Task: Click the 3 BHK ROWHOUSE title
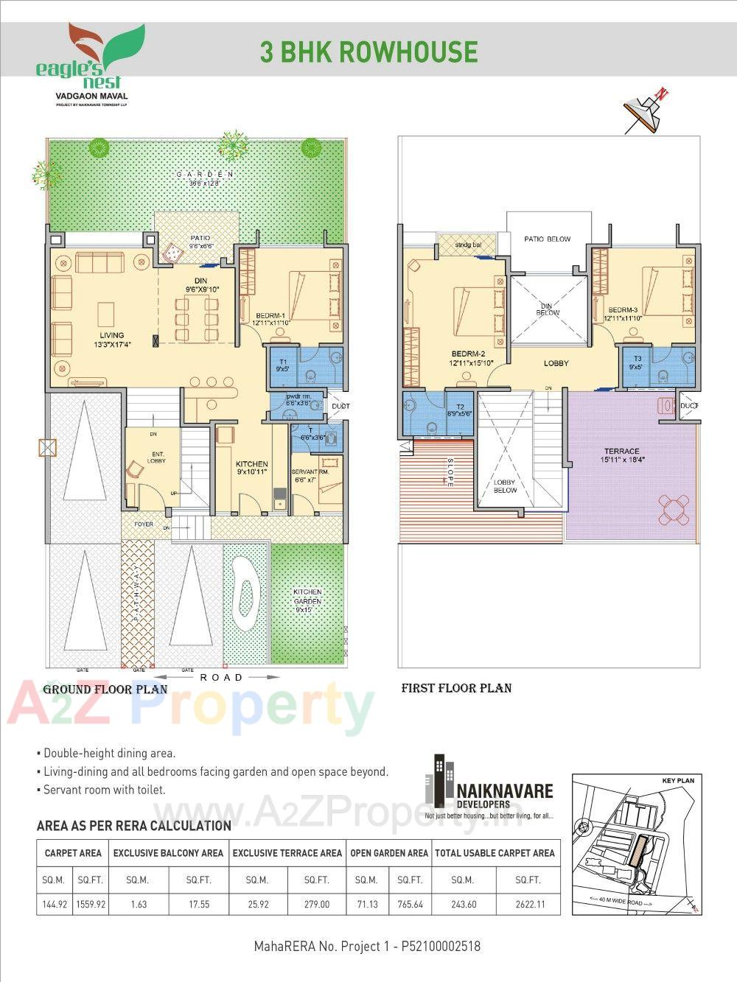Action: (368, 52)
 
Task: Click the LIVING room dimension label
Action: (112, 344)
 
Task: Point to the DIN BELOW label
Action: (548, 309)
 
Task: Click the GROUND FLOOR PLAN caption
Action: (105, 690)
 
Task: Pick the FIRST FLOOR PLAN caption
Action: (456, 688)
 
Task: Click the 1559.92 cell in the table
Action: (91, 904)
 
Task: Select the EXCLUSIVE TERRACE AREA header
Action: (287, 853)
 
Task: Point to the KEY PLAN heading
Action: (677, 780)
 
